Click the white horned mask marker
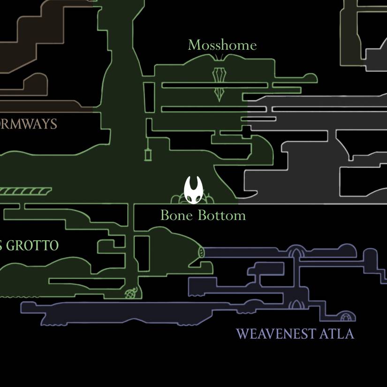tap(193, 190)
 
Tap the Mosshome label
tap(222, 46)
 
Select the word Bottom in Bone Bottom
tap(222, 215)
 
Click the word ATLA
tap(336, 334)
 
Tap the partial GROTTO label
tap(30, 245)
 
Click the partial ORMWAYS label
tap(28, 124)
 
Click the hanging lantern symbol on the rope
tap(148, 154)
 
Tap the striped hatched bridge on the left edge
tap(26, 191)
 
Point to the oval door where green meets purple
tap(202, 252)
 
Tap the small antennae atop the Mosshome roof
tap(219, 57)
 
